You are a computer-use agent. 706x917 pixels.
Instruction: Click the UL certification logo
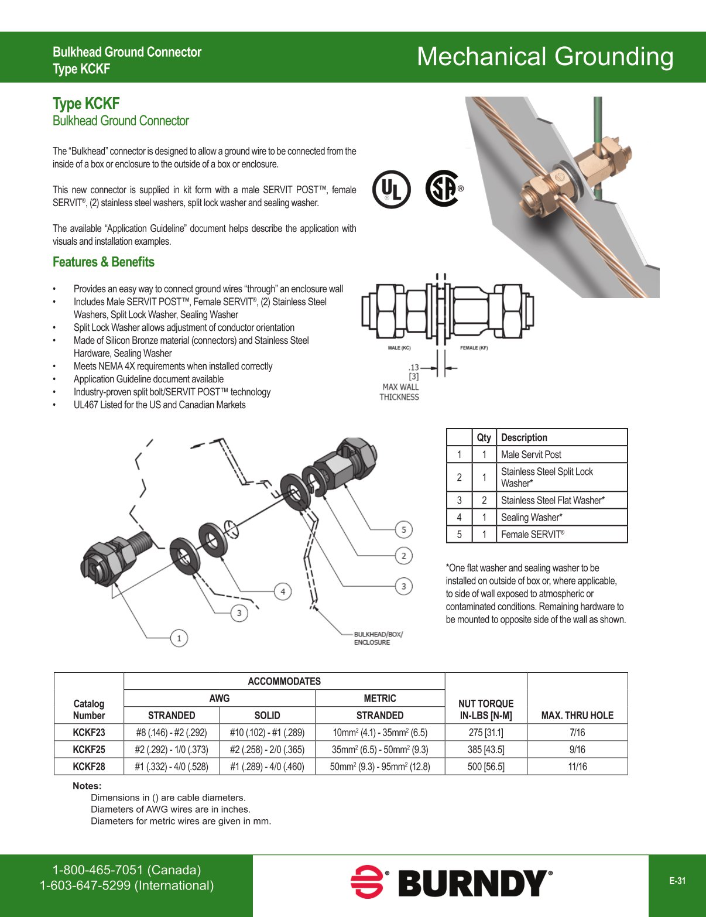(391, 189)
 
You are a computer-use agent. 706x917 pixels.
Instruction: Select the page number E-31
(677, 881)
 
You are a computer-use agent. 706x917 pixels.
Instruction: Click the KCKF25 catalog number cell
(89, 750)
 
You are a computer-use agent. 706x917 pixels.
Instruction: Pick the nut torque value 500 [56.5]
(486, 767)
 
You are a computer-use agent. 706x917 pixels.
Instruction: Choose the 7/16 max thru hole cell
(577, 733)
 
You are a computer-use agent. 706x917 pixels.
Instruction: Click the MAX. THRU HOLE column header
(577, 715)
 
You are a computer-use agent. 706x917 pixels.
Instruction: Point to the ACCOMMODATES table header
(284, 681)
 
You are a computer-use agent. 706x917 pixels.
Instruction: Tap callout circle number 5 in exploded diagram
(403, 530)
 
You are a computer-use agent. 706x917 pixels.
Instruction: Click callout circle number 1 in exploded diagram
(179, 638)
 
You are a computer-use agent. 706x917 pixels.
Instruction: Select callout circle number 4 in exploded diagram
(283, 591)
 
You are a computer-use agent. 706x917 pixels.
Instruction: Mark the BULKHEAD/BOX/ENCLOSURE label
(378, 638)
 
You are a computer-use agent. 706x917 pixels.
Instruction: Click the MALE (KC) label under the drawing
(399, 348)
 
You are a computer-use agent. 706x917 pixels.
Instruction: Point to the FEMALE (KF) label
(474, 348)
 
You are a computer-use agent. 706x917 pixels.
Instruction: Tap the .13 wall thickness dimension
(413, 368)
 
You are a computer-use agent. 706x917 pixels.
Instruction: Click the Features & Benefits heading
(104, 262)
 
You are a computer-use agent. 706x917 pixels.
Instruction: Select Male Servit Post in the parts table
(531, 454)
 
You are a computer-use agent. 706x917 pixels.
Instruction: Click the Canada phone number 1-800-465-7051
(126, 870)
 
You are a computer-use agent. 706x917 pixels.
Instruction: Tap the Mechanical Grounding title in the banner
(544, 57)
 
